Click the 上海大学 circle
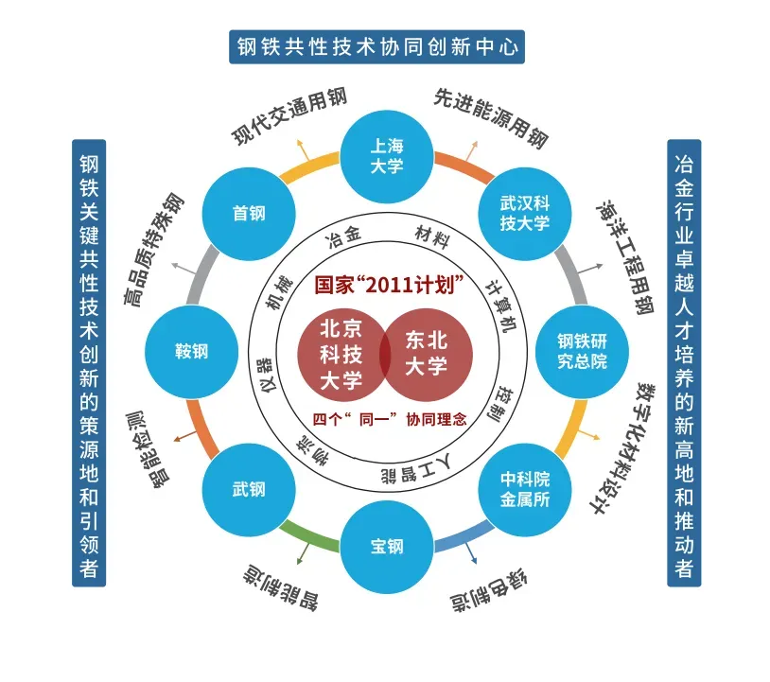(386, 155)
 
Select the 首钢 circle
(249, 214)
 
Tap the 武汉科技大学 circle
(524, 214)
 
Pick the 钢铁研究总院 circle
(582, 352)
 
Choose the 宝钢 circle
(386, 547)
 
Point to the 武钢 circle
(249, 490)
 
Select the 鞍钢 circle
(191, 352)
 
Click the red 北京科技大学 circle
(338, 354)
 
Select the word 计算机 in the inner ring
(500, 306)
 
